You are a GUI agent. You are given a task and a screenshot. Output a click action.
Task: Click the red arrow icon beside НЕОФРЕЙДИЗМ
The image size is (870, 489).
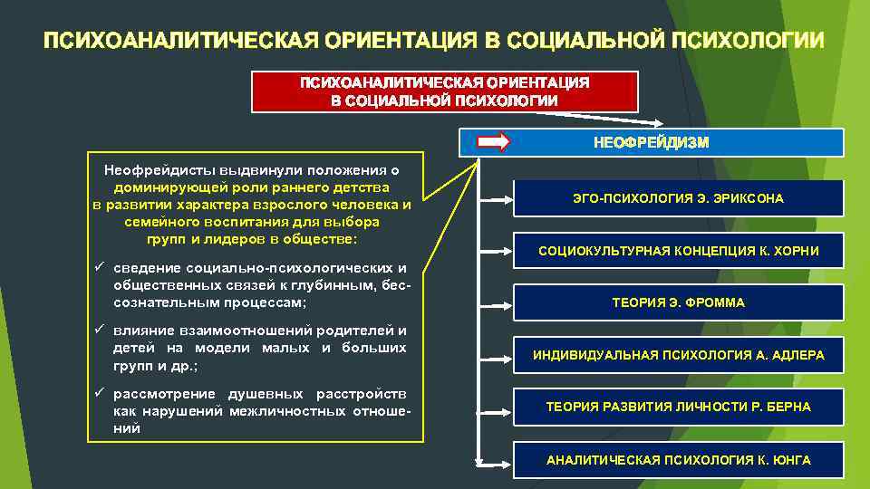coord(494,142)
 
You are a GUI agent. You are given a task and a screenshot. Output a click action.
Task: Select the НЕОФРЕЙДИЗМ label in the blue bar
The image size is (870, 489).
coord(651,142)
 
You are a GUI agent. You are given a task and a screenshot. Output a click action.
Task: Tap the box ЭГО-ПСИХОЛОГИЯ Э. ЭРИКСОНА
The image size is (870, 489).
coord(678,198)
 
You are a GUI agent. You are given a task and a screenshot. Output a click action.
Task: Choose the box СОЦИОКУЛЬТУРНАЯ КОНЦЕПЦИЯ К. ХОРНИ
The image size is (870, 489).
coord(678,251)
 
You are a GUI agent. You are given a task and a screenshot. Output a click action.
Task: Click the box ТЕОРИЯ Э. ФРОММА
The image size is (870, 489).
coord(678,302)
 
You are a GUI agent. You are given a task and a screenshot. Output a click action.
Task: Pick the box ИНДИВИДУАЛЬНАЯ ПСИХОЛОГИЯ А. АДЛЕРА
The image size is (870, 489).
coord(678,355)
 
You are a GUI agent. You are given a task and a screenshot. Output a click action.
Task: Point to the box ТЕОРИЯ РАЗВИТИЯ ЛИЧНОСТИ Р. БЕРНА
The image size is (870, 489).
coord(678,407)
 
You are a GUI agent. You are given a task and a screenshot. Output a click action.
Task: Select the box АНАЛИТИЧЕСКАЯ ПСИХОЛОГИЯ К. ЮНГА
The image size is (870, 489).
coord(678,460)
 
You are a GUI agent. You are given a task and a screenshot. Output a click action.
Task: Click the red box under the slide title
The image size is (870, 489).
coord(444,91)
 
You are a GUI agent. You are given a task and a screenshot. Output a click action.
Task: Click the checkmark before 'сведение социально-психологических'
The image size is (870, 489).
coord(99,268)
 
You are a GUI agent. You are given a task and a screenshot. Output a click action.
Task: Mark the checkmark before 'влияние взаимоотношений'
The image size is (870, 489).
coord(99,330)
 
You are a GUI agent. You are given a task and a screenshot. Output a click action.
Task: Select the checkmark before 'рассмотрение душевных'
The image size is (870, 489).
coord(99,393)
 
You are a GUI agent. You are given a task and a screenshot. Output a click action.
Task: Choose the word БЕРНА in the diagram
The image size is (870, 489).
coord(790,407)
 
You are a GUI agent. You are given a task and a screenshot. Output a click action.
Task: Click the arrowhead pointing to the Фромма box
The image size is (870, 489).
coord(508,302)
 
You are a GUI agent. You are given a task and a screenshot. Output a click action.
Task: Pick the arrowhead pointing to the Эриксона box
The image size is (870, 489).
coord(508,198)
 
